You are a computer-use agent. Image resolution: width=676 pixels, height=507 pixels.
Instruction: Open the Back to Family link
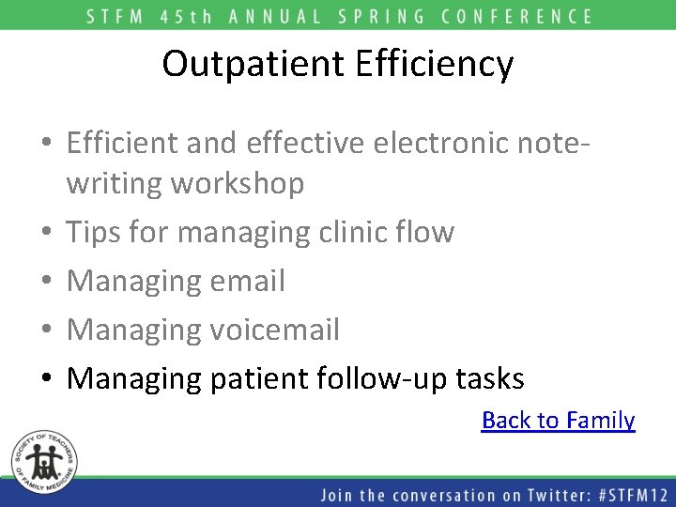point(558,420)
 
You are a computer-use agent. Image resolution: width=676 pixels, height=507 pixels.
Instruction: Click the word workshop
point(238,183)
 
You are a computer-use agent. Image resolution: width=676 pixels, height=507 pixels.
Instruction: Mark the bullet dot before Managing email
point(45,282)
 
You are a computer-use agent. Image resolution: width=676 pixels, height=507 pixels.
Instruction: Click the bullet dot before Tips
point(45,233)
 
